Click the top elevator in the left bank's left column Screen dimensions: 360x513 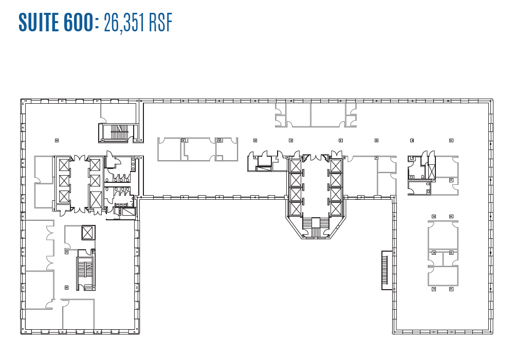[63, 165]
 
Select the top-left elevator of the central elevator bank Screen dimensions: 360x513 [296, 166]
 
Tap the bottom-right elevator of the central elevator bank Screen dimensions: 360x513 [335, 208]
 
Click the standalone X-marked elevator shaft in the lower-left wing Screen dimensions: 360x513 [88, 232]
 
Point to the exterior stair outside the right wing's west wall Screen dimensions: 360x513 [384, 270]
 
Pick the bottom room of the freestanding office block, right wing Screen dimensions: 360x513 [443, 276]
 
